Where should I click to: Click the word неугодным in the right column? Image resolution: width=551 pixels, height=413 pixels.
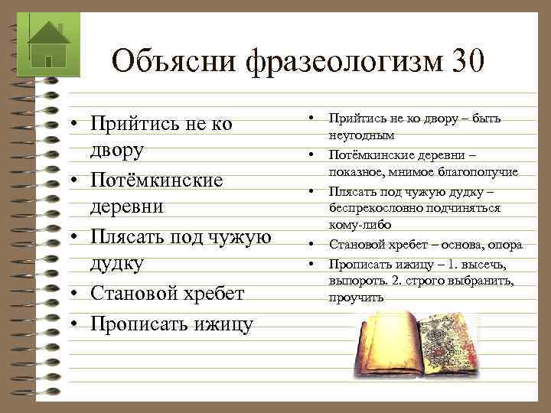coord(362,135)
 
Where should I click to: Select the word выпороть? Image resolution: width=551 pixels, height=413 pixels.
coord(356,281)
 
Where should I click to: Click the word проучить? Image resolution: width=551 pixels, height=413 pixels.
coord(356,298)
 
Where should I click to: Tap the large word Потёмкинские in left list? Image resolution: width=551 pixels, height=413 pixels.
coord(157,180)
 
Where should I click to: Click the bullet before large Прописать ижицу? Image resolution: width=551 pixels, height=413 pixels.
coord(77,324)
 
